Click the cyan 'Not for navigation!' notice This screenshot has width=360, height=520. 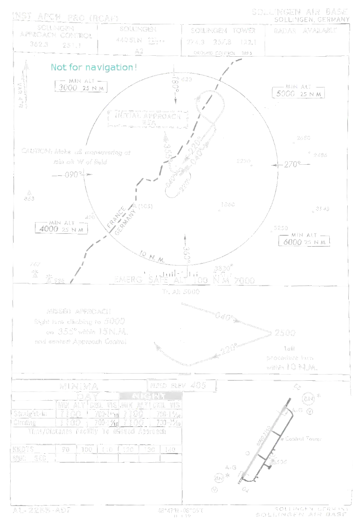(x=94, y=68)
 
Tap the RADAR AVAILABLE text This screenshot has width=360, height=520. (x=307, y=31)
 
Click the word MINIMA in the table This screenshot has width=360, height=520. (x=79, y=386)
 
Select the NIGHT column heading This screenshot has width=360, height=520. (x=151, y=396)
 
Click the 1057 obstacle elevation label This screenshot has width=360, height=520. (x=146, y=207)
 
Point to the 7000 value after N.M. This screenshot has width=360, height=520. (x=245, y=281)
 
